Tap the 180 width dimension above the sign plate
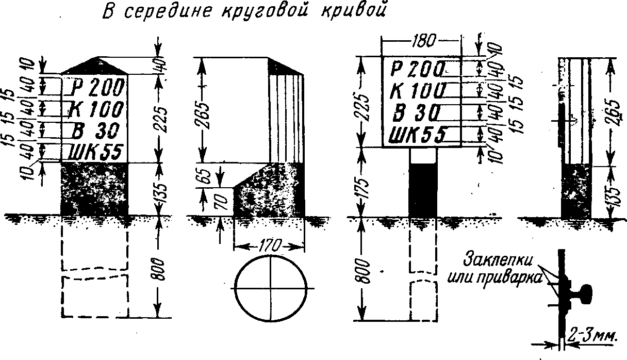pyautogui.click(x=424, y=40)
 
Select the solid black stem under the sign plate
pyautogui.click(x=423, y=190)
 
